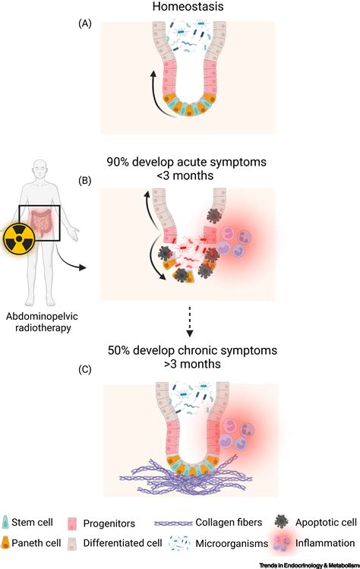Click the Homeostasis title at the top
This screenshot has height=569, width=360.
tap(188, 6)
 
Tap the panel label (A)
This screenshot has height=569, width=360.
tap(84, 24)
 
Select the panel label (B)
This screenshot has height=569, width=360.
tap(84, 181)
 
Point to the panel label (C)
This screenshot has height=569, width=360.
tap(84, 369)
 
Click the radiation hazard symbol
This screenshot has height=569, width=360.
tap(19, 239)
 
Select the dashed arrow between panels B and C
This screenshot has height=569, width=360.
tap(189, 321)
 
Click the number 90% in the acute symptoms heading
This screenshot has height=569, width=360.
tap(118, 162)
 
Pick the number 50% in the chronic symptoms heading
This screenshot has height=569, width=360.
tap(118, 350)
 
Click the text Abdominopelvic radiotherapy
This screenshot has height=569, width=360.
tap(42, 322)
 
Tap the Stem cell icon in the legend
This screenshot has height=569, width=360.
tap(5, 522)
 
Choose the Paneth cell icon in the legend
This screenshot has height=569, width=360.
tap(5, 543)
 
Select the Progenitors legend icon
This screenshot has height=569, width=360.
tap(72, 523)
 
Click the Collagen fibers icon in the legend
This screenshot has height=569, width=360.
tap(173, 523)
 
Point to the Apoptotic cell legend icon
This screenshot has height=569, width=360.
tap(282, 521)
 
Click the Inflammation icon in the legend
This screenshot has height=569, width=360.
tap(281, 543)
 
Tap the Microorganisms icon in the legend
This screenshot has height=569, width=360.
tap(180, 543)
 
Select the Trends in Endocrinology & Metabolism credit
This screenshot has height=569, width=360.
tap(309, 565)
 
